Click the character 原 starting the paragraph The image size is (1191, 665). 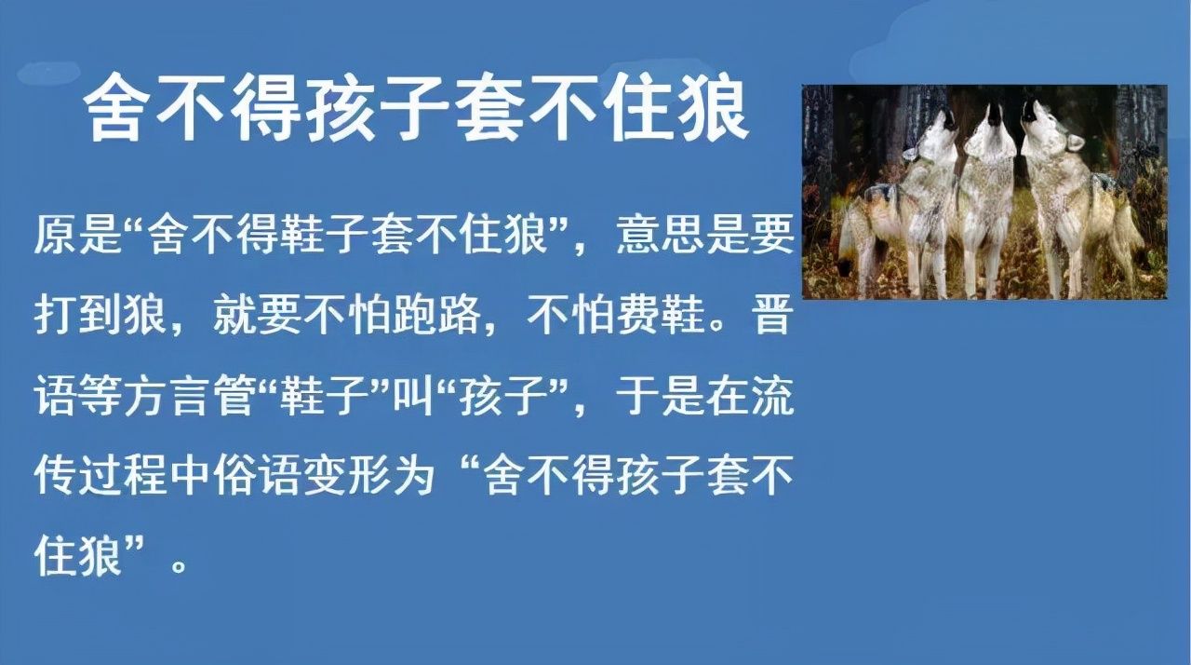click(56, 235)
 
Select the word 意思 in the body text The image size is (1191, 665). click(662, 235)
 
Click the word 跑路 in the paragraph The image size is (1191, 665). click(437, 318)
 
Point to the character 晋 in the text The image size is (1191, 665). click(772, 318)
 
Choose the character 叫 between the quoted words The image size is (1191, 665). click(412, 398)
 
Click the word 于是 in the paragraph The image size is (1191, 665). click(662, 398)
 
